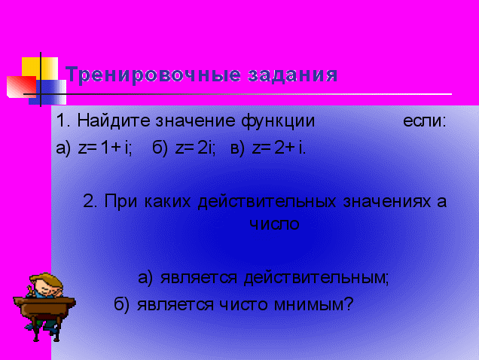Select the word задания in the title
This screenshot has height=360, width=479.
[x=293, y=75]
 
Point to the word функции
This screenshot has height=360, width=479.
[x=278, y=121]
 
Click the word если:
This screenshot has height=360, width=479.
[x=425, y=121]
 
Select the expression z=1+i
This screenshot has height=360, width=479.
[x=105, y=148]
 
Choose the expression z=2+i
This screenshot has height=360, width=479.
[x=279, y=148]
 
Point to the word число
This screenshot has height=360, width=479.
[x=274, y=224]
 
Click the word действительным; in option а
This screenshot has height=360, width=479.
[x=316, y=278]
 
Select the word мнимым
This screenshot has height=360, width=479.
[x=313, y=304]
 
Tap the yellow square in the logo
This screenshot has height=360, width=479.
[x=40, y=69]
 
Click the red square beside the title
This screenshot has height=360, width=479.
[x=21, y=87]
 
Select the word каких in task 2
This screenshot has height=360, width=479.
[x=167, y=202]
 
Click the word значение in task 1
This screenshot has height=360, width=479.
[x=196, y=121]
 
